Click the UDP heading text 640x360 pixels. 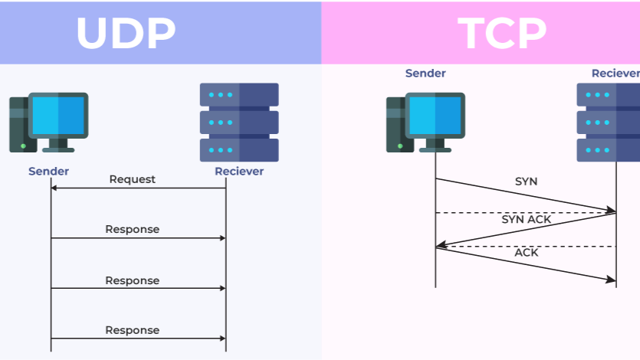[x=126, y=32]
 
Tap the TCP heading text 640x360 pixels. [x=502, y=32]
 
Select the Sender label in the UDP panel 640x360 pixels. [x=49, y=171]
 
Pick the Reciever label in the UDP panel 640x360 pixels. [x=239, y=171]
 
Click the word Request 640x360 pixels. [x=132, y=179]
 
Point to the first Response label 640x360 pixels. [x=132, y=229]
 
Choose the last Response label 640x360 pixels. [x=132, y=330]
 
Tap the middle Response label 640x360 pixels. [x=132, y=280]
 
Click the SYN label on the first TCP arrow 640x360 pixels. [x=526, y=182]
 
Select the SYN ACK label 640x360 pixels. [x=527, y=219]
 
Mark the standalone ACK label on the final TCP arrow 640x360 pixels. [x=526, y=252]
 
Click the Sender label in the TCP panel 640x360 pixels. [x=425, y=74]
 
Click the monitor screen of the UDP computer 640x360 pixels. [x=58, y=115]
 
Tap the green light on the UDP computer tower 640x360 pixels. [x=23, y=145]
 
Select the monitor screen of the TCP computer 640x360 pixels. [x=435, y=115]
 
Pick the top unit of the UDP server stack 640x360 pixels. [x=239, y=95]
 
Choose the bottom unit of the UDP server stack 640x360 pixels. [x=239, y=149]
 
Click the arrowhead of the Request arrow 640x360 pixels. [x=54, y=188]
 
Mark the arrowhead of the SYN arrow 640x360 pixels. [x=612, y=209]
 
